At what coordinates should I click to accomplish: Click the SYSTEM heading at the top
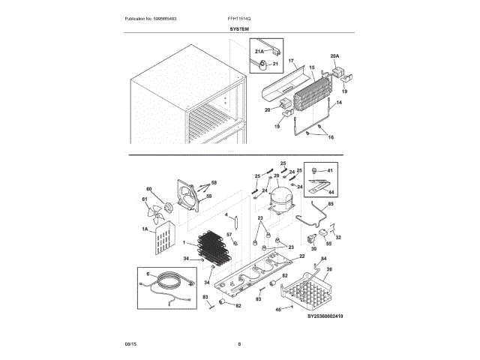[239, 28]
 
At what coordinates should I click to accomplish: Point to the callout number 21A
[259, 52]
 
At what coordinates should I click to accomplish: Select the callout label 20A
[334, 55]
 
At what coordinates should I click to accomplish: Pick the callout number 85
[330, 204]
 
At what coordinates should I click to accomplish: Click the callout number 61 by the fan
[145, 199]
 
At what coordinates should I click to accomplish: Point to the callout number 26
[328, 268]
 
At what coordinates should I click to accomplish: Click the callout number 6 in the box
[148, 274]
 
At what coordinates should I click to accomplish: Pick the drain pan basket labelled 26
[310, 292]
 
